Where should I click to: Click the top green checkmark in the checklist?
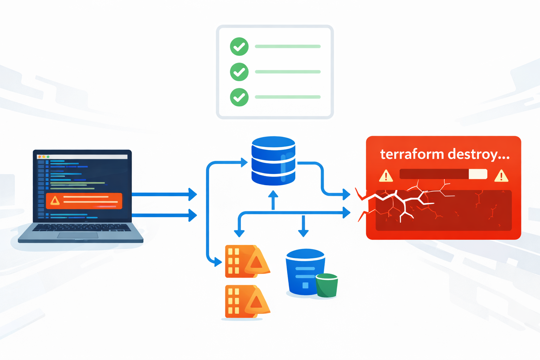tap(239, 46)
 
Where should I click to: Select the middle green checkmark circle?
tap(239, 72)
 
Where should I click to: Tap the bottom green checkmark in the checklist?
tap(239, 97)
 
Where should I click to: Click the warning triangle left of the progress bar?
tap(386, 175)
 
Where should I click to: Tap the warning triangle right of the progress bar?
tap(501, 175)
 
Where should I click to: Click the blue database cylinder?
tap(273, 161)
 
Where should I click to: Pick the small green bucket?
tap(327, 285)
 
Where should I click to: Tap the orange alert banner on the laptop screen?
tap(84, 201)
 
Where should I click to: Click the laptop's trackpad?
tap(77, 235)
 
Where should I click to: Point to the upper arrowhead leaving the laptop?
tap(192, 194)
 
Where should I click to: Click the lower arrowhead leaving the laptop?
tap(192, 215)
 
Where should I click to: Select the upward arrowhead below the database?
tap(273, 194)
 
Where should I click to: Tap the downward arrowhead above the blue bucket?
tap(303, 233)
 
